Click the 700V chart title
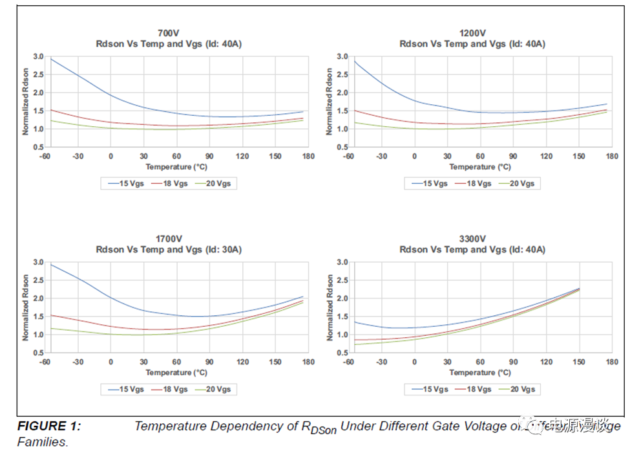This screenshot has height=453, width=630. pyautogui.click(x=169, y=32)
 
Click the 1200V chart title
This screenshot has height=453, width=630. pyautogui.click(x=472, y=32)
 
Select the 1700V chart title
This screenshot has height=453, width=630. pyautogui.click(x=169, y=238)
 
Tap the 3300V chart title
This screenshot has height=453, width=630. pyautogui.click(x=472, y=238)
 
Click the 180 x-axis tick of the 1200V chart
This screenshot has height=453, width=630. pyautogui.click(x=612, y=156)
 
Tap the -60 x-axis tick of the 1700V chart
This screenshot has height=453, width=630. pyautogui.click(x=45, y=362)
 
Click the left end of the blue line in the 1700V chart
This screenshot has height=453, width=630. pyautogui.click(x=51, y=264)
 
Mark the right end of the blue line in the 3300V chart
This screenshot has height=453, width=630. pyautogui.click(x=579, y=289)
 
